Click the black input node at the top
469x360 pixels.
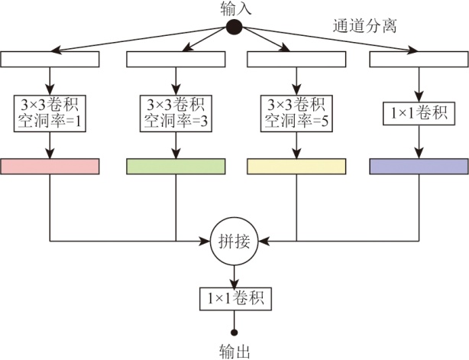pyautogui.click(x=234, y=28)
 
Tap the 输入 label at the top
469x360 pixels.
pyautogui.click(x=234, y=9)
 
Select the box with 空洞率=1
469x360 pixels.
pyautogui.click(x=50, y=112)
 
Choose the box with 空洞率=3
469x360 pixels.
pyautogui.click(x=175, y=112)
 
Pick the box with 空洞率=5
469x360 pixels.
pyautogui.click(x=296, y=112)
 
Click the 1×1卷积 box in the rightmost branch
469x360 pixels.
pyautogui.click(x=419, y=115)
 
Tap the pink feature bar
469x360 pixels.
pyautogui.click(x=50, y=166)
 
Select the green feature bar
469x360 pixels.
pyautogui.click(x=175, y=166)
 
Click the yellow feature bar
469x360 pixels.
pyautogui.click(x=296, y=166)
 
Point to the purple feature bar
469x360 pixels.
pyautogui.click(x=419, y=166)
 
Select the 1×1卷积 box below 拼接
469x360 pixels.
pyautogui.click(x=234, y=297)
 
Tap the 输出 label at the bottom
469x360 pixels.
pyautogui.click(x=234, y=351)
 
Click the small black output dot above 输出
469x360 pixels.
pyautogui.click(x=234, y=332)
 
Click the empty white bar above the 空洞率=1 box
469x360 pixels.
pyautogui.click(x=50, y=59)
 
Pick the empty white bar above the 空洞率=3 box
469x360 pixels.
pyautogui.click(x=175, y=59)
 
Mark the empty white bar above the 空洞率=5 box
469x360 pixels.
pyautogui.click(x=296, y=59)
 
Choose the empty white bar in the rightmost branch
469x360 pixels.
pyautogui.click(x=419, y=59)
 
